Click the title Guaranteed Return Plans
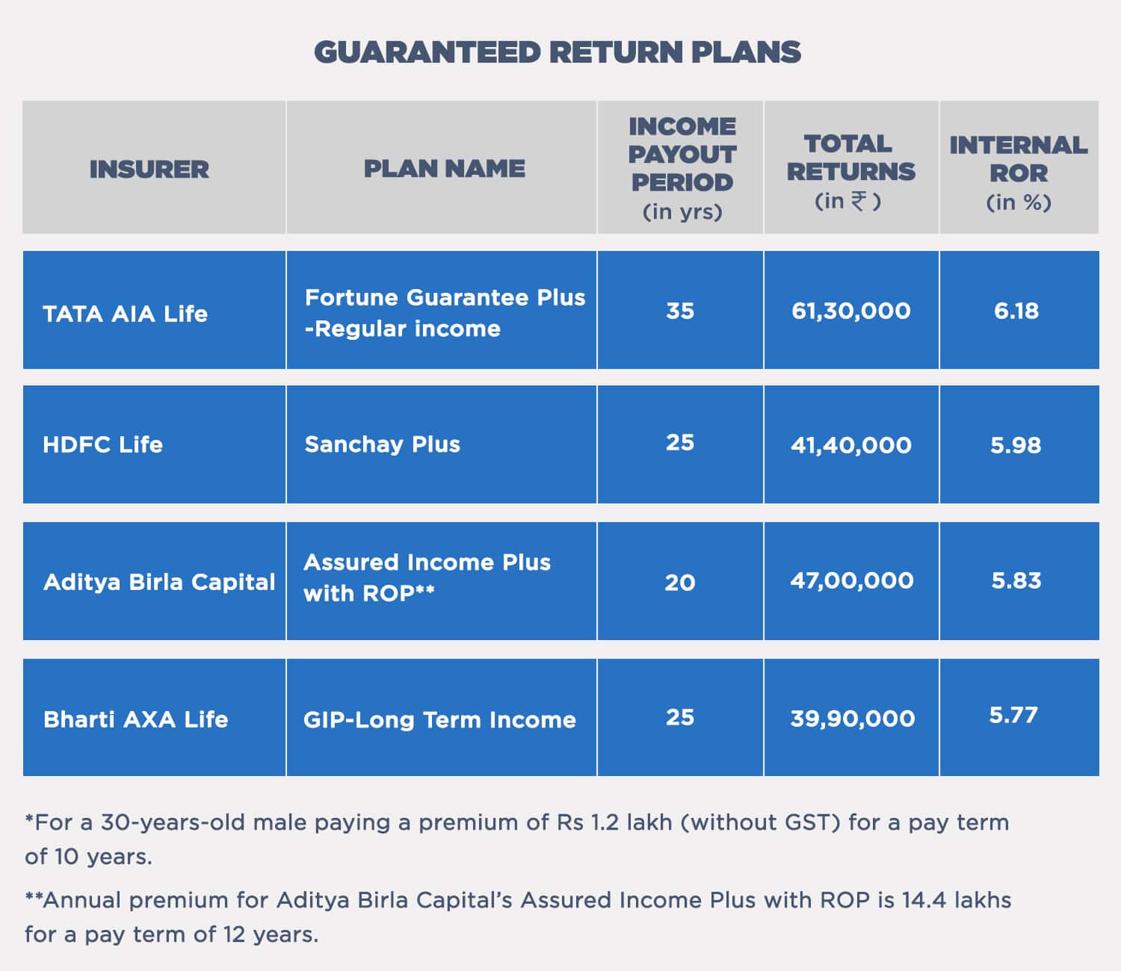coord(557,52)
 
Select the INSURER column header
coord(149,169)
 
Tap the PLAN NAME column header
coord(444,169)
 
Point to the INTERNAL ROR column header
coord(1019,173)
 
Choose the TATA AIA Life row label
coord(126,314)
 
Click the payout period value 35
coord(680,311)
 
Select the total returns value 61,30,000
coord(851,311)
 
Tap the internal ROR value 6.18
coord(1016,311)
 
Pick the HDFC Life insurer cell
coord(102,444)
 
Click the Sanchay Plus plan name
coord(383,444)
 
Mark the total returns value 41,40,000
coord(851,446)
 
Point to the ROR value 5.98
coord(1016,446)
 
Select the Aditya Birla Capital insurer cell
coord(159,583)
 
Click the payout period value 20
coord(680,583)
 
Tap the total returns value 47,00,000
coord(851,581)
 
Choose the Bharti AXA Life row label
coord(135,719)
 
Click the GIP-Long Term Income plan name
coord(439,720)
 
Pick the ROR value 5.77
coord(1013,715)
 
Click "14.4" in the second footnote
coord(924,901)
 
